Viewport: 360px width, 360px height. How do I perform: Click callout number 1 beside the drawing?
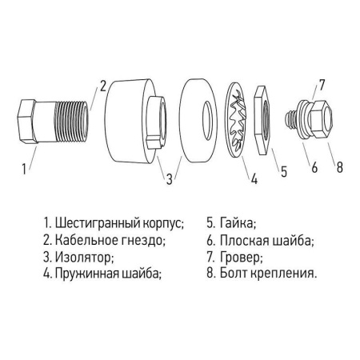(x=25, y=169)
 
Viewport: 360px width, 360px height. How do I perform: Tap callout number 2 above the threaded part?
(x=102, y=86)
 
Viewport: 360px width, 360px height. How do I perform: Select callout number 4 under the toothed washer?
(x=254, y=180)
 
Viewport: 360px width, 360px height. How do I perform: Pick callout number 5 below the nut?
(x=282, y=170)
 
